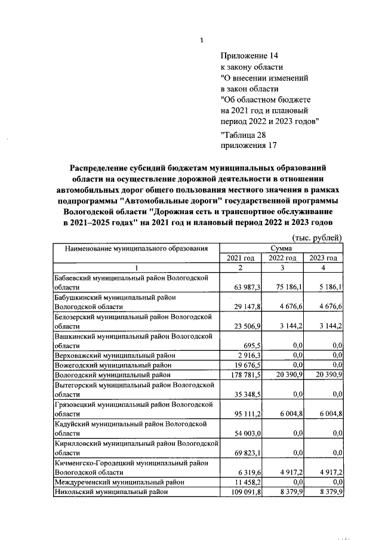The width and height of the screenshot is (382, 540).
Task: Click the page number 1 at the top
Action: (202, 41)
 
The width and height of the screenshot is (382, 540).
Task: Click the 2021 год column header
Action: (241, 258)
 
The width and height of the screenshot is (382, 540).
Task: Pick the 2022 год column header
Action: (282, 258)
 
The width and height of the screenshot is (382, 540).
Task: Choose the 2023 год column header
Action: (323, 258)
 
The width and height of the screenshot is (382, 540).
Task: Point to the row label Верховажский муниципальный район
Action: (115, 355)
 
